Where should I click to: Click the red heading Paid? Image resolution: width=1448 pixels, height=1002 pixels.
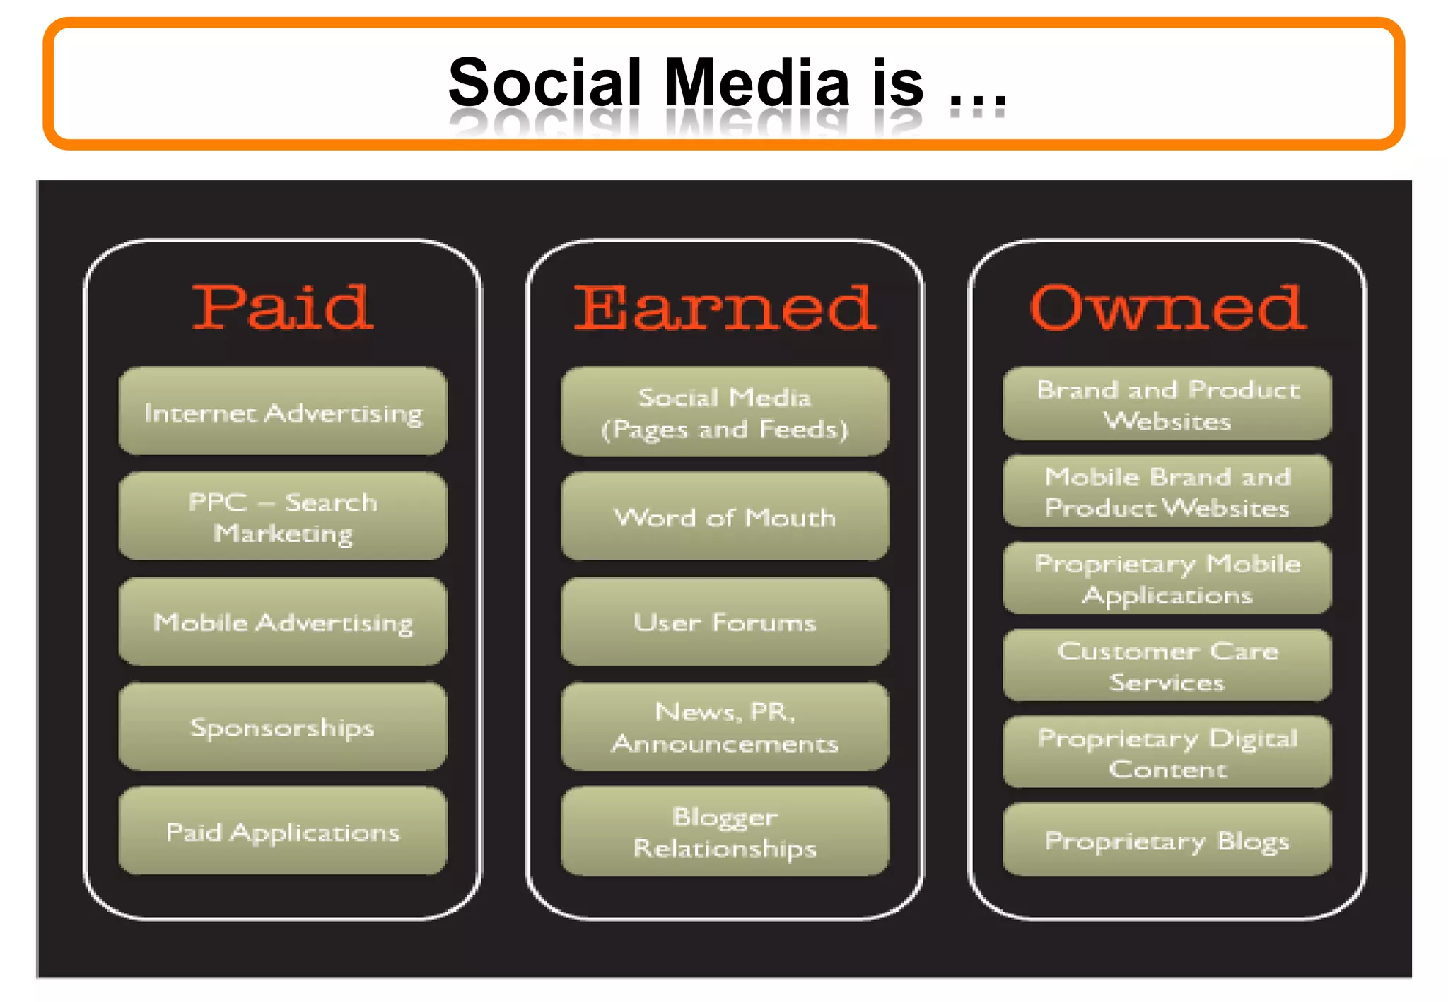(x=283, y=308)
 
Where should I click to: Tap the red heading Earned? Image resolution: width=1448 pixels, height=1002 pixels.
(x=725, y=308)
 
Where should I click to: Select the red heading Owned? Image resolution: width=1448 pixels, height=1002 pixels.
(x=1167, y=308)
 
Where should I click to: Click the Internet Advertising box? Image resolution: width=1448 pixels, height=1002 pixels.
(x=283, y=411)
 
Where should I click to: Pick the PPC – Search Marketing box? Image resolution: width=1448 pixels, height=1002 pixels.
(x=283, y=517)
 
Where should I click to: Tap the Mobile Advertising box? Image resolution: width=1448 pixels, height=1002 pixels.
(x=283, y=622)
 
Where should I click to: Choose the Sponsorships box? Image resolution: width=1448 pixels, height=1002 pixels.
(x=283, y=726)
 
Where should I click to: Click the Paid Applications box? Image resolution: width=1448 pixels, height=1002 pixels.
(x=283, y=831)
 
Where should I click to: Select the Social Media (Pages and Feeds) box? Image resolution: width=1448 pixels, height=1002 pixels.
(x=725, y=412)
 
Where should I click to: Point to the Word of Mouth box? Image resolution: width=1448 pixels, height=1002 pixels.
(x=725, y=517)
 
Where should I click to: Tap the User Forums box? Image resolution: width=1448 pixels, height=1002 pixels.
(x=725, y=622)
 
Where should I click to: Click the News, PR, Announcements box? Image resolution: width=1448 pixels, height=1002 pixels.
(x=725, y=726)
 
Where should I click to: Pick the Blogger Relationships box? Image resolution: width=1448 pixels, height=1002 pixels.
(x=725, y=832)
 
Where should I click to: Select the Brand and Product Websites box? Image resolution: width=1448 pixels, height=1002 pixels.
(x=1167, y=404)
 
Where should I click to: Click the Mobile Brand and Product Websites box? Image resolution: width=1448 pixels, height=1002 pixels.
(x=1167, y=492)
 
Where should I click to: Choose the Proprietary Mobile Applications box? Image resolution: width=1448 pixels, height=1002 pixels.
(x=1167, y=579)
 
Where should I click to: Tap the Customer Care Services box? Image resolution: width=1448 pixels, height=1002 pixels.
(x=1167, y=666)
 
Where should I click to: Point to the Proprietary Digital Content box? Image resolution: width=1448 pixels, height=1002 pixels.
(x=1167, y=753)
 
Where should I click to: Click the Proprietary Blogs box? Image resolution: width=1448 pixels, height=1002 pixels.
(x=1167, y=840)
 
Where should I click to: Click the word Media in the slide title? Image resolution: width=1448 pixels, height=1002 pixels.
(x=757, y=83)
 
